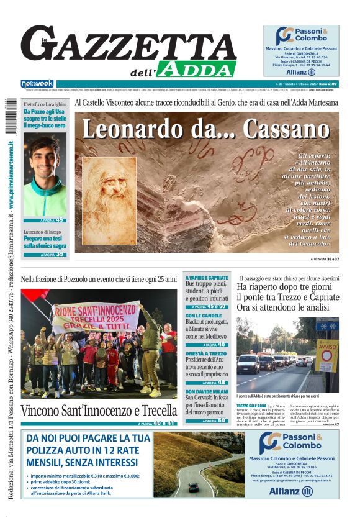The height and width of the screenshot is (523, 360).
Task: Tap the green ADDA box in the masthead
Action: click(x=187, y=69)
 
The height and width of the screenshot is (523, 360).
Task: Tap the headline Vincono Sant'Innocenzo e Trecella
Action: click(x=99, y=411)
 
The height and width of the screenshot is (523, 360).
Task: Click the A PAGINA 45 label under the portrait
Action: click(x=45, y=220)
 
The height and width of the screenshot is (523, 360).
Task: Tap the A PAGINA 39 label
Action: click(x=45, y=254)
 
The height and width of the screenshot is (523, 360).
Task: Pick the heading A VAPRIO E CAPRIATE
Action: click(x=207, y=278)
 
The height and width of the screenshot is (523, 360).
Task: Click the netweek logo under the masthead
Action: click(x=37, y=83)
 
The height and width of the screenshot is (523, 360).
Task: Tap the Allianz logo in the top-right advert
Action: click(x=301, y=72)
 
